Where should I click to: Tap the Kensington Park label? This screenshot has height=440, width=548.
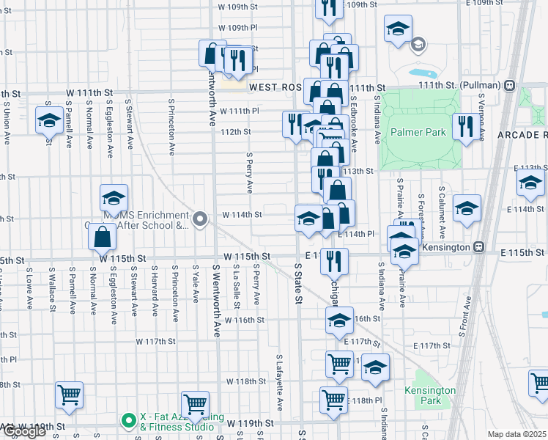(430, 396)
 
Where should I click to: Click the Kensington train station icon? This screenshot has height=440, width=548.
(478, 248)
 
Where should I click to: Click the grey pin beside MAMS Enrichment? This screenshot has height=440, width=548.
(199, 219)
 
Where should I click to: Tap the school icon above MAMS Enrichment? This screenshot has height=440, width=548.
(114, 197)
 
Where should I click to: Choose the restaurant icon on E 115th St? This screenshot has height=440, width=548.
(334, 260)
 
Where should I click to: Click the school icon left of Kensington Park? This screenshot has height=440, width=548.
(375, 367)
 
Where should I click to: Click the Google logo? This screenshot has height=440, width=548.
(23, 432)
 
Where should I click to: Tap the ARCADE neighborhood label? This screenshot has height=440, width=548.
(522, 136)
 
